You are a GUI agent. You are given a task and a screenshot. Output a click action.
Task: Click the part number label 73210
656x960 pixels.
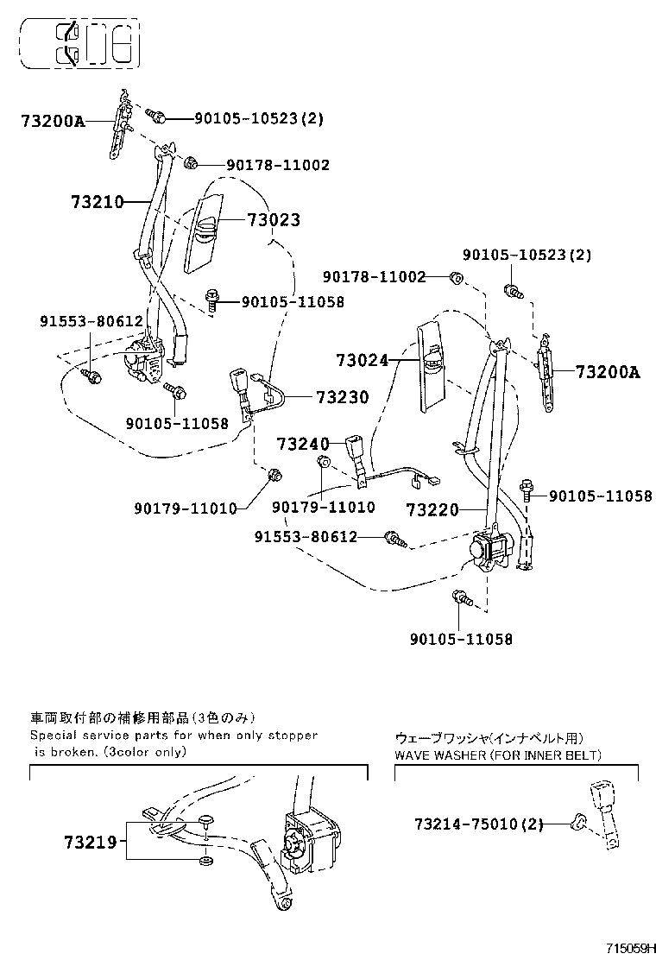98,202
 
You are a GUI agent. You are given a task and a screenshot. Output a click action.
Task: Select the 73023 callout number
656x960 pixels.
274,220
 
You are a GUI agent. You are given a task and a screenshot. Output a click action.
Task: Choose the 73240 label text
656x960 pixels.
303,445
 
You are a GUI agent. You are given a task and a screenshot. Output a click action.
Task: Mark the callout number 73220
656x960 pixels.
433,510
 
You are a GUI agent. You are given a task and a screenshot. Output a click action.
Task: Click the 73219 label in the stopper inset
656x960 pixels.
89,842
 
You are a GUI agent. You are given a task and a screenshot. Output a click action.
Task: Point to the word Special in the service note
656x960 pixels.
54,736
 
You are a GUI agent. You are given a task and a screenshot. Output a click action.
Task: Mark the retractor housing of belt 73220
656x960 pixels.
489,549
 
